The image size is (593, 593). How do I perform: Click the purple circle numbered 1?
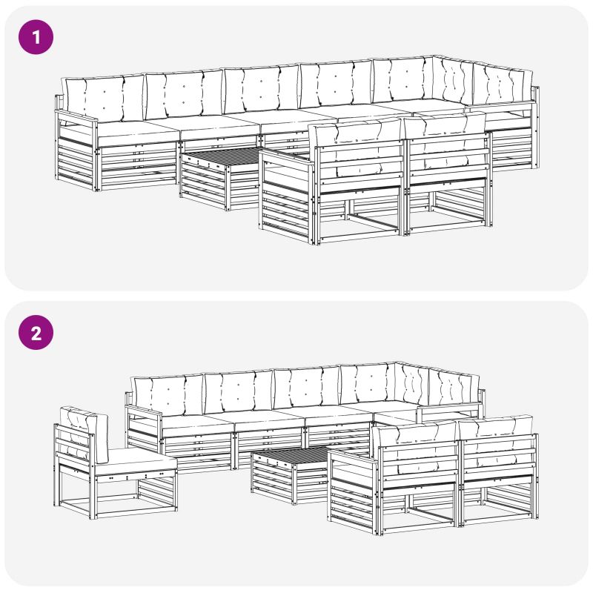click(36, 37)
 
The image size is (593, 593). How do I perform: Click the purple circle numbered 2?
click(36, 332)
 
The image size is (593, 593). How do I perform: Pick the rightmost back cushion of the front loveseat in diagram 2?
click(496, 440)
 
